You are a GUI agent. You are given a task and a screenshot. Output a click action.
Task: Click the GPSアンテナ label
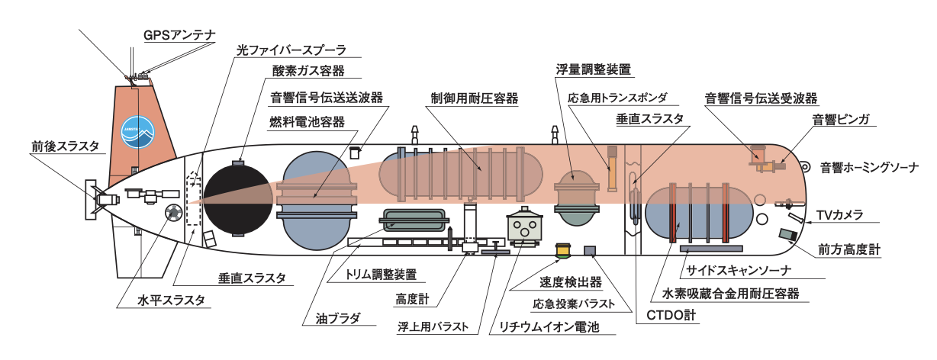click(180, 35)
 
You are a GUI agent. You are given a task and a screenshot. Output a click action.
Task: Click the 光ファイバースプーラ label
click(291, 51)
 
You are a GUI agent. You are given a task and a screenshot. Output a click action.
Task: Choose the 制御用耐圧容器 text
click(474, 98)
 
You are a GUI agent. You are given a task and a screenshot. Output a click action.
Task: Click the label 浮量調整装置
click(593, 69)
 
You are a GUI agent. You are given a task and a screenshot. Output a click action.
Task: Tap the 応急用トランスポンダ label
click(617, 98)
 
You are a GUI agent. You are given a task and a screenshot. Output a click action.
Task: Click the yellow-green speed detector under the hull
click(564, 249)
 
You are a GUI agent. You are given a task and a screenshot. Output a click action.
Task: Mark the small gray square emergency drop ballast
click(590, 251)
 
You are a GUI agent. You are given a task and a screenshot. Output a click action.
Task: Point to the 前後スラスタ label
click(65, 147)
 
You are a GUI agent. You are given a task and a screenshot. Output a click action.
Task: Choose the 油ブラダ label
click(340, 318)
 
